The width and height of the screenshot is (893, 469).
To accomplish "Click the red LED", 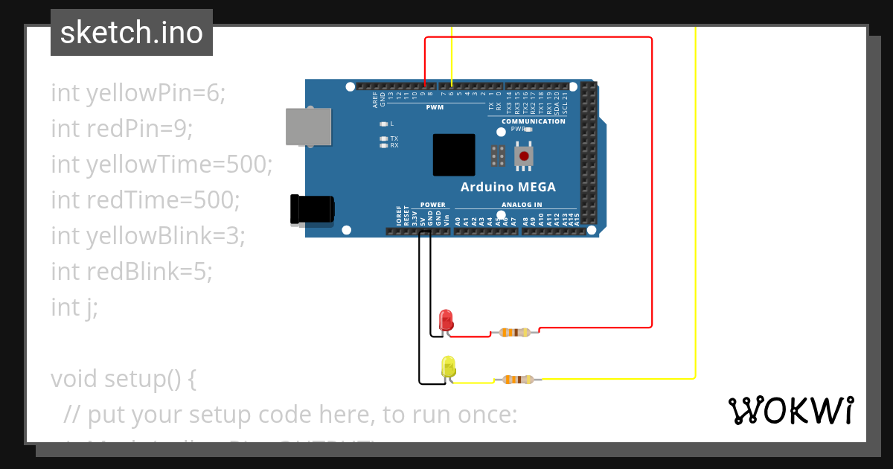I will (x=446, y=320).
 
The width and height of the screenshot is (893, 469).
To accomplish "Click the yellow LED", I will (x=448, y=366).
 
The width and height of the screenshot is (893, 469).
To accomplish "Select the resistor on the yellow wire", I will (x=518, y=380).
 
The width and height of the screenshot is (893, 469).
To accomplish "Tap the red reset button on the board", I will (x=525, y=156).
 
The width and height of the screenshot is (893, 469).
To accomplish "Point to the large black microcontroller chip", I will (x=454, y=155).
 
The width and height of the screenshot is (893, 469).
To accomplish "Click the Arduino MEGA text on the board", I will (x=508, y=187).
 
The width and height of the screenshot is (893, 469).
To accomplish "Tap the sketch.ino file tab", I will (x=132, y=33).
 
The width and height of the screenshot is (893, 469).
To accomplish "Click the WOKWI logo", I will (x=790, y=410).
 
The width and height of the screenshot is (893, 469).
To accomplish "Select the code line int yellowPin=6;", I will (x=138, y=93).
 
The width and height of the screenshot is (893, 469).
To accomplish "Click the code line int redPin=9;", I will (x=122, y=129).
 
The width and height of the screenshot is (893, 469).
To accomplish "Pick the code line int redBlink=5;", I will (x=132, y=272).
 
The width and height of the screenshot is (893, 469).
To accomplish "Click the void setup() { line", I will (x=124, y=379).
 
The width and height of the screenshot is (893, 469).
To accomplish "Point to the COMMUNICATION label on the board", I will (x=533, y=121).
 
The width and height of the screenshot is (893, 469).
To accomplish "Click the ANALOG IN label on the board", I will (x=522, y=205).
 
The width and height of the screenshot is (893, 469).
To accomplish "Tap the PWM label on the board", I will (x=435, y=107).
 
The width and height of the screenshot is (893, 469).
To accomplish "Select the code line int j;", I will (x=74, y=307).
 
